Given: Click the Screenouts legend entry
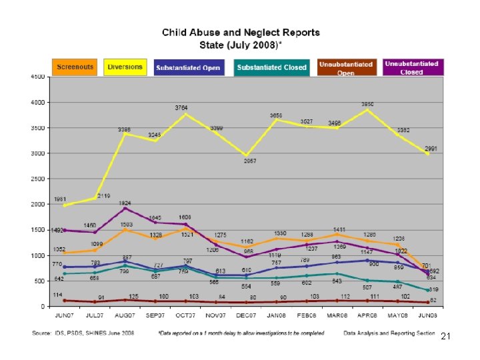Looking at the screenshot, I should [74, 67].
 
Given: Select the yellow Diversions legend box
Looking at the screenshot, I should [125, 67].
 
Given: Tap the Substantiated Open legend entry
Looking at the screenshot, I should [189, 67].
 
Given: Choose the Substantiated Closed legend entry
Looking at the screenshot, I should [271, 67].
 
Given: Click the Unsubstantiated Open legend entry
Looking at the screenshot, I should [345, 67].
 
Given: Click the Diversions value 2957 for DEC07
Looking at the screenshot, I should [249, 161].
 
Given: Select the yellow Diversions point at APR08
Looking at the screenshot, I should [367, 109].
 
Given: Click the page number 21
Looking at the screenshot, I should [446, 339].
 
